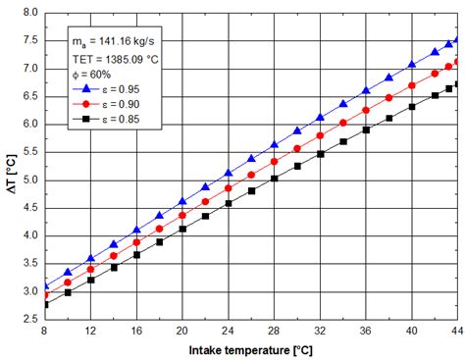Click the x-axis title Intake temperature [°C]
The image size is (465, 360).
[x=252, y=350]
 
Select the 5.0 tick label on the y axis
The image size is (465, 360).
[x=29, y=180]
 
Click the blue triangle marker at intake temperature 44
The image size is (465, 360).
[x=457, y=40]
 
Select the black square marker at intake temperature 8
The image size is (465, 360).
[x=45, y=305]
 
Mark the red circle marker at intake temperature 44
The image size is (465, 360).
[x=457, y=62]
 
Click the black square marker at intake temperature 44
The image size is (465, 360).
[x=457, y=84]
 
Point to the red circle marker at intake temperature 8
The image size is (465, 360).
[x=45, y=294]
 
